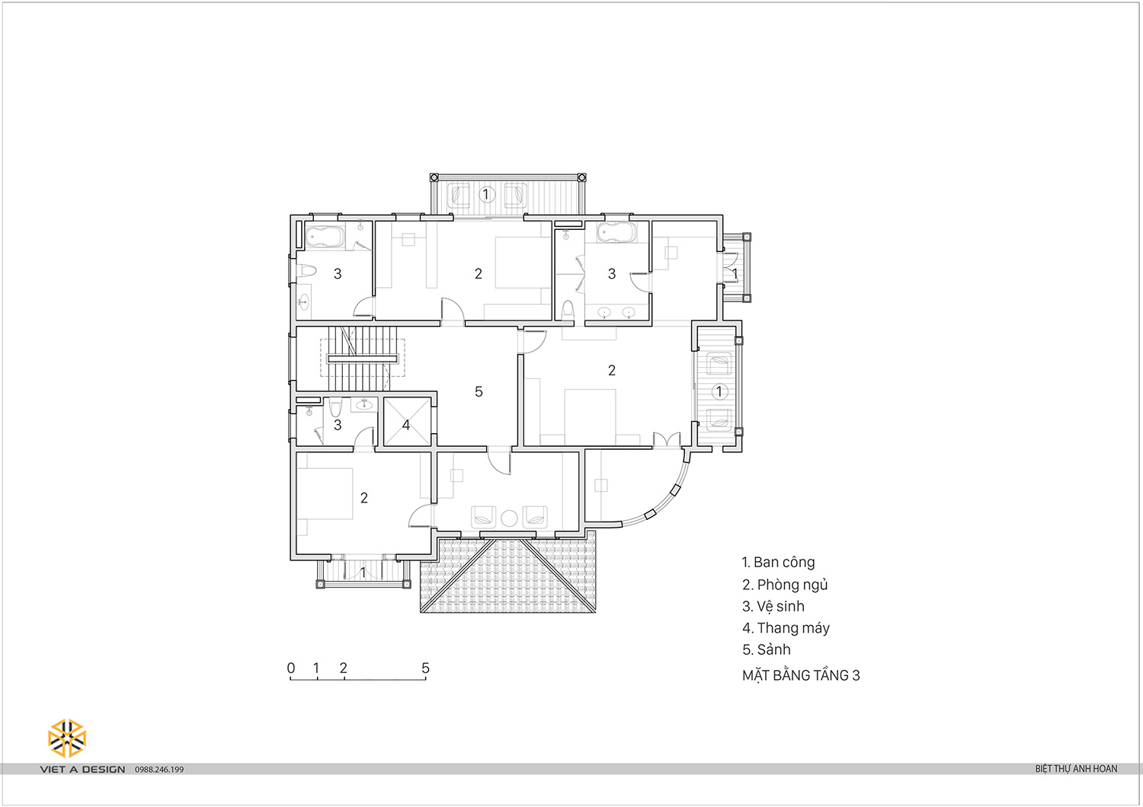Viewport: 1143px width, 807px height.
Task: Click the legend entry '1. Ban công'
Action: point(778,563)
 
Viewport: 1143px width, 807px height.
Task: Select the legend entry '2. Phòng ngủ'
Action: point(785,585)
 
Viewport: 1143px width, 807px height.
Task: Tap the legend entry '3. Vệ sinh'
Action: point(773,607)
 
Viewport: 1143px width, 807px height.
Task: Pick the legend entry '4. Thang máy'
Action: point(786,628)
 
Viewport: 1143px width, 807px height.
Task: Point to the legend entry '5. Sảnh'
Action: point(767,650)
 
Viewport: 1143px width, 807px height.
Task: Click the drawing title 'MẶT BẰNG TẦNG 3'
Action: point(801,675)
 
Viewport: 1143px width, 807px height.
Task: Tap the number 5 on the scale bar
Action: point(425,668)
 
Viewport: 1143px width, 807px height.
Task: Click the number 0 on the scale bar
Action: point(291,668)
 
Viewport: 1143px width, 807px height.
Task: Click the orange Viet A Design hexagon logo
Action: point(67,738)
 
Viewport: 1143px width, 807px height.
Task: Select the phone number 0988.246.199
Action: point(159,770)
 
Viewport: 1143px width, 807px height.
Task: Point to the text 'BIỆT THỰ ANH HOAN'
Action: point(1076,769)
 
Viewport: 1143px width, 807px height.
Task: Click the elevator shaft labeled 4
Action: point(406,423)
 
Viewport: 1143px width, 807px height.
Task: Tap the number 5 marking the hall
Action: point(479,391)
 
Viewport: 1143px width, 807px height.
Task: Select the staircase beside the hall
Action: point(363,359)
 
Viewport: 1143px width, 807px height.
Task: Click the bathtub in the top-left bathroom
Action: point(325,236)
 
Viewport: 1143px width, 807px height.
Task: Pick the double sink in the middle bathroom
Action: point(617,312)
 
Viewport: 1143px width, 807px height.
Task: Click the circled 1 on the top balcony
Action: point(486,195)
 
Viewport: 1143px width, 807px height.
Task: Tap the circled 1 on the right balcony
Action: point(719,391)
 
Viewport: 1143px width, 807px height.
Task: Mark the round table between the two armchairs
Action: point(510,518)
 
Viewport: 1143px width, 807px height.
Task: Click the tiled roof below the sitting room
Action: point(507,575)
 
